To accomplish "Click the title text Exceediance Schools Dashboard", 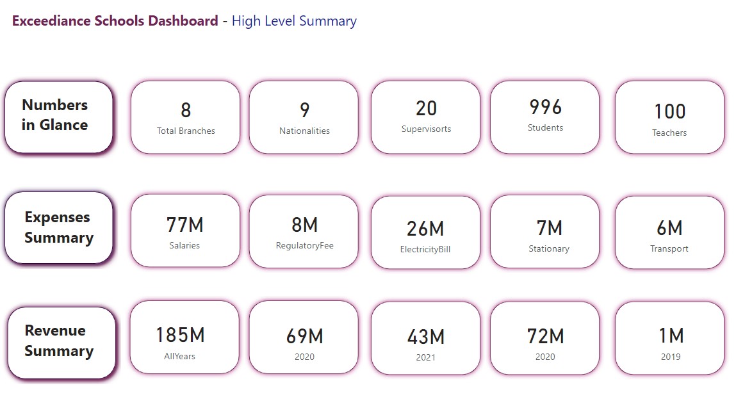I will tap(115, 21).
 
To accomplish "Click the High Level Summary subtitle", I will tap(294, 21).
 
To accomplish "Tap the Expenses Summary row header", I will tap(58, 227).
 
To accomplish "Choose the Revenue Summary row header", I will tap(59, 341).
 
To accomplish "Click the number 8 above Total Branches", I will tap(186, 111).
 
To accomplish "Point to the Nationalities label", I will tap(304, 131).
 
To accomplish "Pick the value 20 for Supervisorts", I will tap(426, 109).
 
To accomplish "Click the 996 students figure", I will tap(545, 107).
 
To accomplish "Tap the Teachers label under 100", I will tap(669, 133).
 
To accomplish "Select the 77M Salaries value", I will tap(184, 225).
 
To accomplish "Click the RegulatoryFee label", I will tap(304, 245).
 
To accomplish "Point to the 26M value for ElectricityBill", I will tap(425, 229).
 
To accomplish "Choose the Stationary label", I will tap(549, 248).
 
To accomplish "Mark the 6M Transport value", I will tap(669, 228).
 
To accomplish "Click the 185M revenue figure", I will tap(180, 335).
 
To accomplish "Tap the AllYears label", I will tap(180, 356).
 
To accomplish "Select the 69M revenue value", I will tap(304, 336).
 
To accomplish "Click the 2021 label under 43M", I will tap(426, 357).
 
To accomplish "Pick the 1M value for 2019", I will tap(671, 336).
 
